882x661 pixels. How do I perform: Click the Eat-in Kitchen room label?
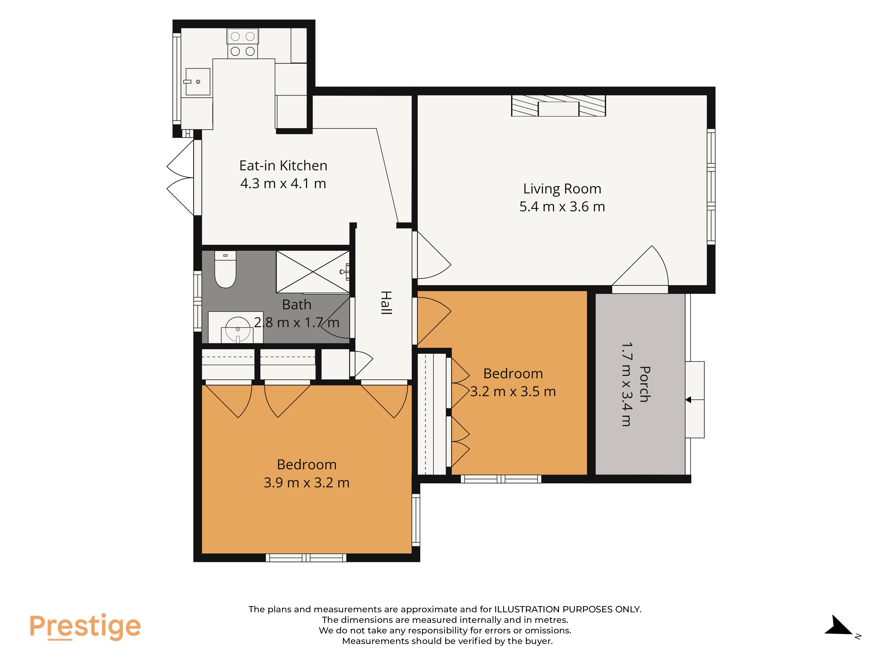pos(283,165)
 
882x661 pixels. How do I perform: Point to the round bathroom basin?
pos(238,329)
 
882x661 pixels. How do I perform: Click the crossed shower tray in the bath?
pos(313,272)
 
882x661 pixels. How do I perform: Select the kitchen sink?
pos(198,82)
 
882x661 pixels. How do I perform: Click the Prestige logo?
pos(85,626)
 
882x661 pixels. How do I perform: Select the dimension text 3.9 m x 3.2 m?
pos(307,483)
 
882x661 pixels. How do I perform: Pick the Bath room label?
pos(297,305)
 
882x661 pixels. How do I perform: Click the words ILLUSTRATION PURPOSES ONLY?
pos(568,609)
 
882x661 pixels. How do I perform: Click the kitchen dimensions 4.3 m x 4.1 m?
pos(283,183)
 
